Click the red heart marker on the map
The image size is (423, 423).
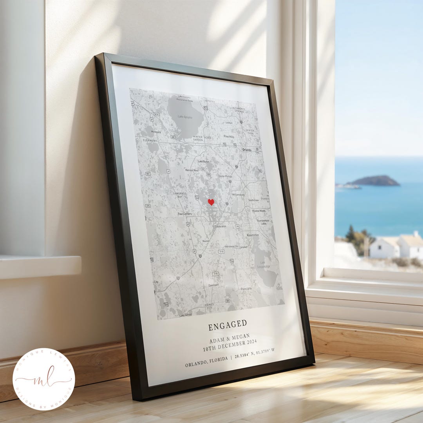pos(211,202)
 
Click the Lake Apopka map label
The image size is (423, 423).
pos(185,117)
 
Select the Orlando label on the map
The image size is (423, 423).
pos(247,150)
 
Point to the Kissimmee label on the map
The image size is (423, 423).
pos(252,235)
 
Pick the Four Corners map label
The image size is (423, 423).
pos(184,214)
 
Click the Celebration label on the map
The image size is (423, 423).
pos(220,226)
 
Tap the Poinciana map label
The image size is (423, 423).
pos(246,289)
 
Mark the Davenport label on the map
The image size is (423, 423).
pos(213,285)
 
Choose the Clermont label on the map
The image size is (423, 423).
pos(150,140)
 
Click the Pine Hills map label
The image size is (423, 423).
pos(229,136)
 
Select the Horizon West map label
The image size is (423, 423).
pos(192,170)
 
